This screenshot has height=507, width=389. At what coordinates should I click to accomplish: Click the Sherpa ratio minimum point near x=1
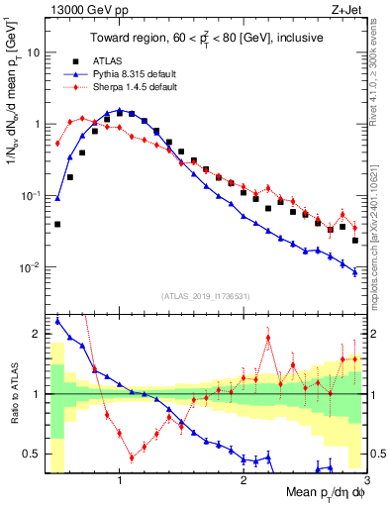[132, 457]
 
